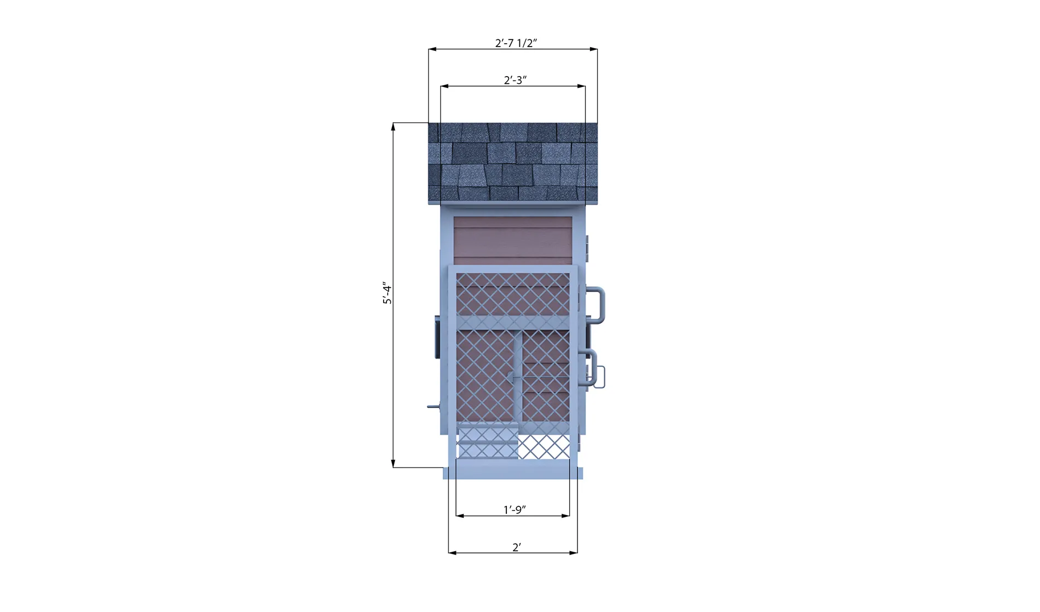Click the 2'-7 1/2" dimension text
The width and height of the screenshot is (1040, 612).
click(516, 43)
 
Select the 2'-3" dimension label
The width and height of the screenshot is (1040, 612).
click(515, 80)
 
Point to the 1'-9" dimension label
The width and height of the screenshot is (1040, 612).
click(514, 509)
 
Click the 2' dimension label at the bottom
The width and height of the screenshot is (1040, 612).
click(516, 547)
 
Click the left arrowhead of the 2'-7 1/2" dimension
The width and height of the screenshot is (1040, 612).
click(432, 49)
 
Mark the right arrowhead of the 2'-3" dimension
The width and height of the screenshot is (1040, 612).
click(582, 86)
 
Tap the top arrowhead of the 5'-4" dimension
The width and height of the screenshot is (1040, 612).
click(393, 126)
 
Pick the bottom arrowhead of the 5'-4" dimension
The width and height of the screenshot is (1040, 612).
click(393, 464)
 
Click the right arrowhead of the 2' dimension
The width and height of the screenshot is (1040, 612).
click(574, 553)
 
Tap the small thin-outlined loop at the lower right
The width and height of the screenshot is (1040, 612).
click(600, 377)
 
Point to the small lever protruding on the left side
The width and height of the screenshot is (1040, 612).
click(432, 407)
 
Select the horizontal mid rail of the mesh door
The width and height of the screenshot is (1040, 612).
click(513, 323)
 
